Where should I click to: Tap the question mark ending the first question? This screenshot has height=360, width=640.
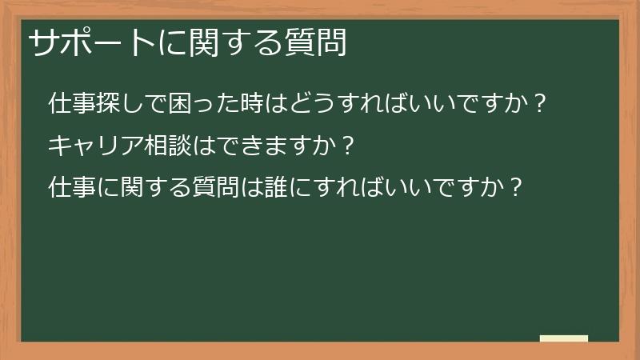(540, 104)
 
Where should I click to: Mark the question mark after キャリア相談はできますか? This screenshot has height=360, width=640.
(346, 146)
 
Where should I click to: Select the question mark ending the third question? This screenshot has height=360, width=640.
(517, 189)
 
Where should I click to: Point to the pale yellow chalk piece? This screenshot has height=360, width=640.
(564, 339)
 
